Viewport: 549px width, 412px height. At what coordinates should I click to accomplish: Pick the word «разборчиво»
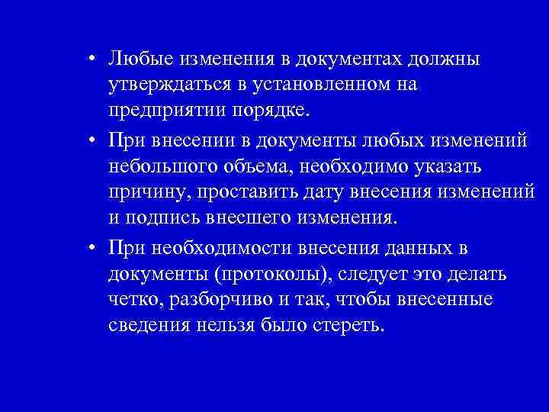click(x=217, y=299)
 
